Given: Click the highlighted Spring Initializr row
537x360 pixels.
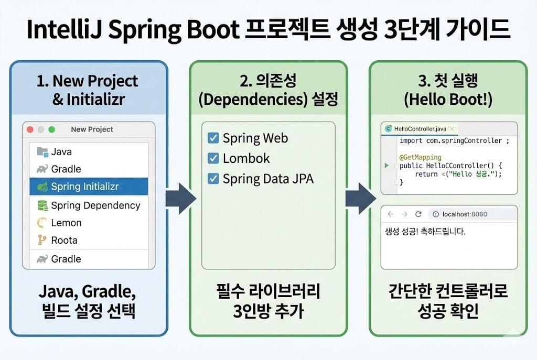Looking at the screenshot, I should [88, 187].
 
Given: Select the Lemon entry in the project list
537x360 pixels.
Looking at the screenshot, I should [66, 223].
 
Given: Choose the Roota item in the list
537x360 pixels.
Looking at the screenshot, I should [64, 241].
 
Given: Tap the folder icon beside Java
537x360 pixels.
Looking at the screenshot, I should [42, 151].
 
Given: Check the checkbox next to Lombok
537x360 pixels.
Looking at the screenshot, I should [213, 158].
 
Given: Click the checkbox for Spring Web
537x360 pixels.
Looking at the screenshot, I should [213, 138].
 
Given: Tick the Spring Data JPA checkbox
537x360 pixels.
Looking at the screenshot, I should [213, 179].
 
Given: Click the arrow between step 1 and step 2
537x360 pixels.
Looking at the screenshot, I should [180, 199].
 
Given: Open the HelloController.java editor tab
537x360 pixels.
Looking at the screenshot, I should [419, 128].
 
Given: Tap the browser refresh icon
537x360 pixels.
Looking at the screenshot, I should [418, 214].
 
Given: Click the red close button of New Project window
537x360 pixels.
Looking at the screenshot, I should [30, 129].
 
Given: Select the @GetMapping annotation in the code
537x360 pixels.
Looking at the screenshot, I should [420, 157].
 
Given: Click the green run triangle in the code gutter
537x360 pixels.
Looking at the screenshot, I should [386, 166].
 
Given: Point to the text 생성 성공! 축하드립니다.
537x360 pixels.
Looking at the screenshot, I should [425, 231].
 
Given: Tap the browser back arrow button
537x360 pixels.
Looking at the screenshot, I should [391, 214].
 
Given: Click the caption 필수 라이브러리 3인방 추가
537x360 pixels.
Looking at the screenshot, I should [268, 301].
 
